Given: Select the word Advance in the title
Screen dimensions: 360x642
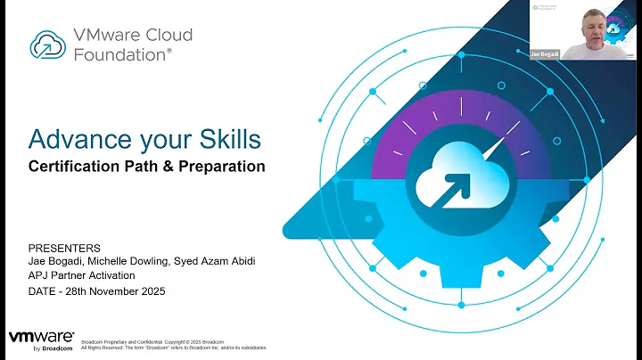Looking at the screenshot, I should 71,139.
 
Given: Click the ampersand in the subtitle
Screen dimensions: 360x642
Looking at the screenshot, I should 169,166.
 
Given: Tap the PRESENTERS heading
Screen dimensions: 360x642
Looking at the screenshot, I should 65,247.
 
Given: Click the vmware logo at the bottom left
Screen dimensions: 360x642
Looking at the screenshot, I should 39,340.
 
